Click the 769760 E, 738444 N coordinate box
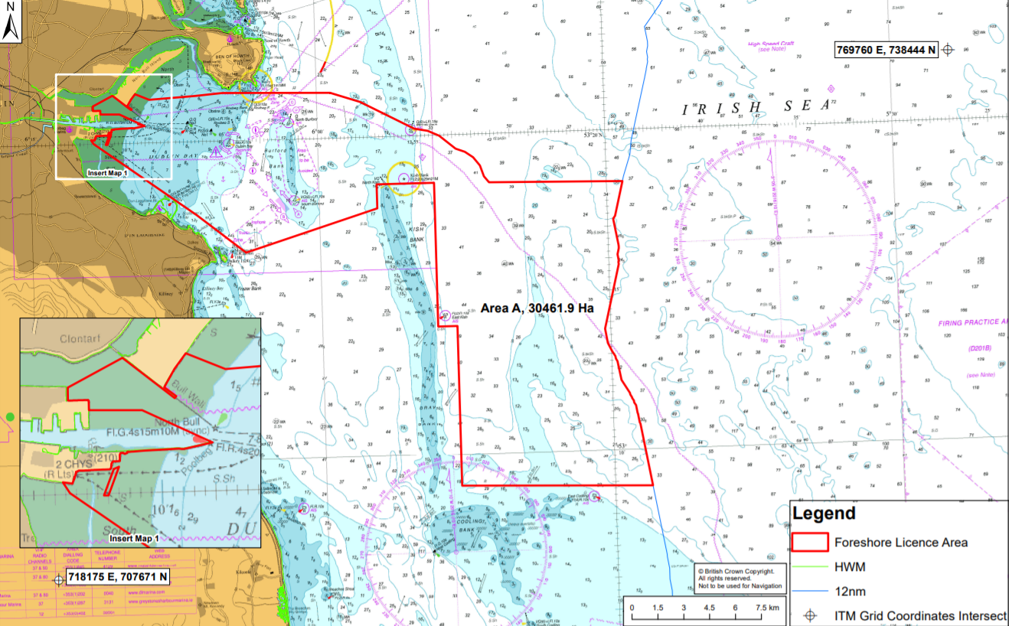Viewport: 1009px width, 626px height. (886, 50)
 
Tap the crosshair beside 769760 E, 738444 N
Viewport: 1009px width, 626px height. (948, 50)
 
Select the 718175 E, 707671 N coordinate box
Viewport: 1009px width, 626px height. (118, 575)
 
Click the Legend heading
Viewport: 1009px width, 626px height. (824, 514)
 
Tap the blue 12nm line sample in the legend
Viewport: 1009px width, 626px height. (811, 592)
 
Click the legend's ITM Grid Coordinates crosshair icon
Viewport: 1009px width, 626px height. (811, 616)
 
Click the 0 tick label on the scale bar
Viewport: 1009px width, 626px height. (632, 608)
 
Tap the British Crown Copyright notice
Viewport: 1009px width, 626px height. (740, 578)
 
